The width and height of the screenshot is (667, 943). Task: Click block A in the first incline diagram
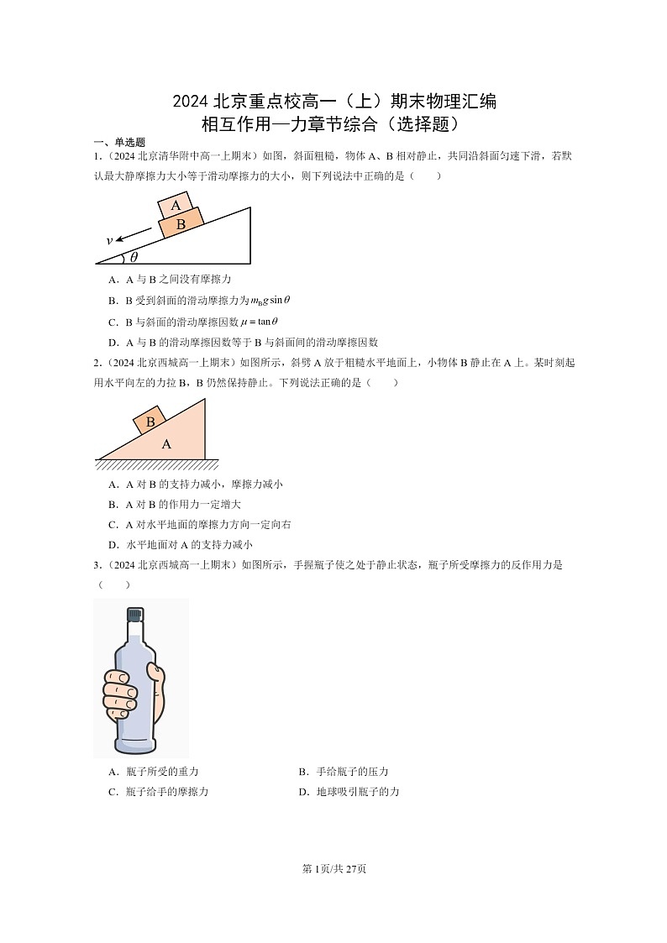176,206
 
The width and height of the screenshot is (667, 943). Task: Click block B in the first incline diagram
181,223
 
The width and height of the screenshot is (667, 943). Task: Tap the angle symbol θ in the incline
134,257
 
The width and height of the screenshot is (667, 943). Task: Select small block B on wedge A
150,422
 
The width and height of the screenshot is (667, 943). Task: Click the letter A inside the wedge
166,443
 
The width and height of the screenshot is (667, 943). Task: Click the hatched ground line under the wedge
157,464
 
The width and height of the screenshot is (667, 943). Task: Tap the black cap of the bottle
134,616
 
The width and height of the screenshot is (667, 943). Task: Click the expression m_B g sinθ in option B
270,300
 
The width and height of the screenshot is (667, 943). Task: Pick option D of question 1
244,342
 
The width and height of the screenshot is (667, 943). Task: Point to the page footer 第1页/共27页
333,868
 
